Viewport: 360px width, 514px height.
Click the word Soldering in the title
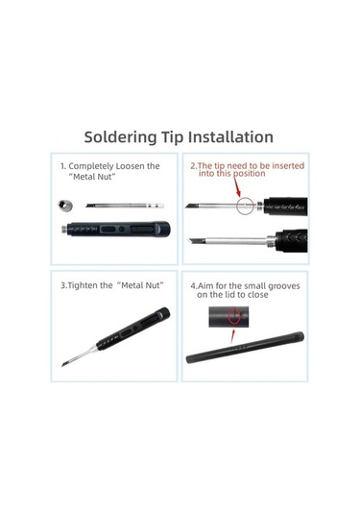pyautogui.click(x=120, y=137)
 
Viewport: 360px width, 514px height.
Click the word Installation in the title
pyautogui.click(x=230, y=136)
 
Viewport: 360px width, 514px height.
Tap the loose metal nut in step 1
pyautogui.click(x=65, y=206)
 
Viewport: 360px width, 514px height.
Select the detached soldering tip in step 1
pyautogui.click(x=125, y=206)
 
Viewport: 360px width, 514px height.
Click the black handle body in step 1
pyautogui.click(x=116, y=229)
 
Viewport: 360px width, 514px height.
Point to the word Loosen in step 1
pyautogui.click(x=131, y=166)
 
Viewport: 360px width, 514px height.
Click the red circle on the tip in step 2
pyautogui.click(x=246, y=206)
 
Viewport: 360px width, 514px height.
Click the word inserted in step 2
pyautogui.click(x=288, y=166)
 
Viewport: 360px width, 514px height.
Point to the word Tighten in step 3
pyautogui.click(x=84, y=285)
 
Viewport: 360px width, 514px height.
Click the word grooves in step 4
pyautogui.click(x=284, y=286)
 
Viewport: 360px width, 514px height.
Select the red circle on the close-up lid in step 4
pyautogui.click(x=235, y=316)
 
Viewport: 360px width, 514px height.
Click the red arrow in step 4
pyautogui.click(x=233, y=336)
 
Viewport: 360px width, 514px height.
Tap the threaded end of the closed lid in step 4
pyautogui.click(x=298, y=336)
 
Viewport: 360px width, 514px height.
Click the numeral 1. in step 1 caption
pyautogui.click(x=63, y=166)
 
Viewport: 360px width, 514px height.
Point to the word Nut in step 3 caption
pyautogui.click(x=154, y=285)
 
